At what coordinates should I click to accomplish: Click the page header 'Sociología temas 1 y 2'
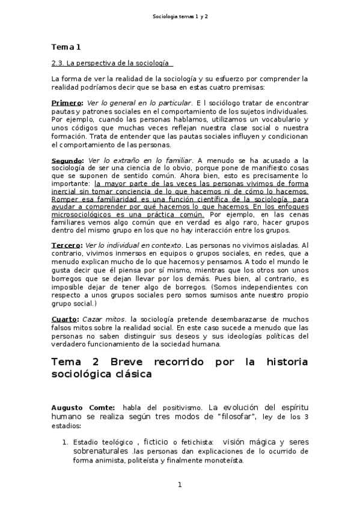pyautogui.click(x=179, y=17)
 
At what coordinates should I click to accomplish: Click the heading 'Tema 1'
pyautogui.click(x=66, y=47)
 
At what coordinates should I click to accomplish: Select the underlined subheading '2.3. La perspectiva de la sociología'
pyautogui.click(x=112, y=63)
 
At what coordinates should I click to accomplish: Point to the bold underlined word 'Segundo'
pyautogui.click(x=67, y=161)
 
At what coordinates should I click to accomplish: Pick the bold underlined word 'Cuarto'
pyautogui.click(x=64, y=319)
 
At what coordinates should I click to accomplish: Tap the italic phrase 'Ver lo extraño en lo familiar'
pyautogui.click(x=139, y=161)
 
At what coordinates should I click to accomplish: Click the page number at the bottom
pyautogui.click(x=180, y=485)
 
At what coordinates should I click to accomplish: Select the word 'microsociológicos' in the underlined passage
pyautogui.click(x=83, y=214)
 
